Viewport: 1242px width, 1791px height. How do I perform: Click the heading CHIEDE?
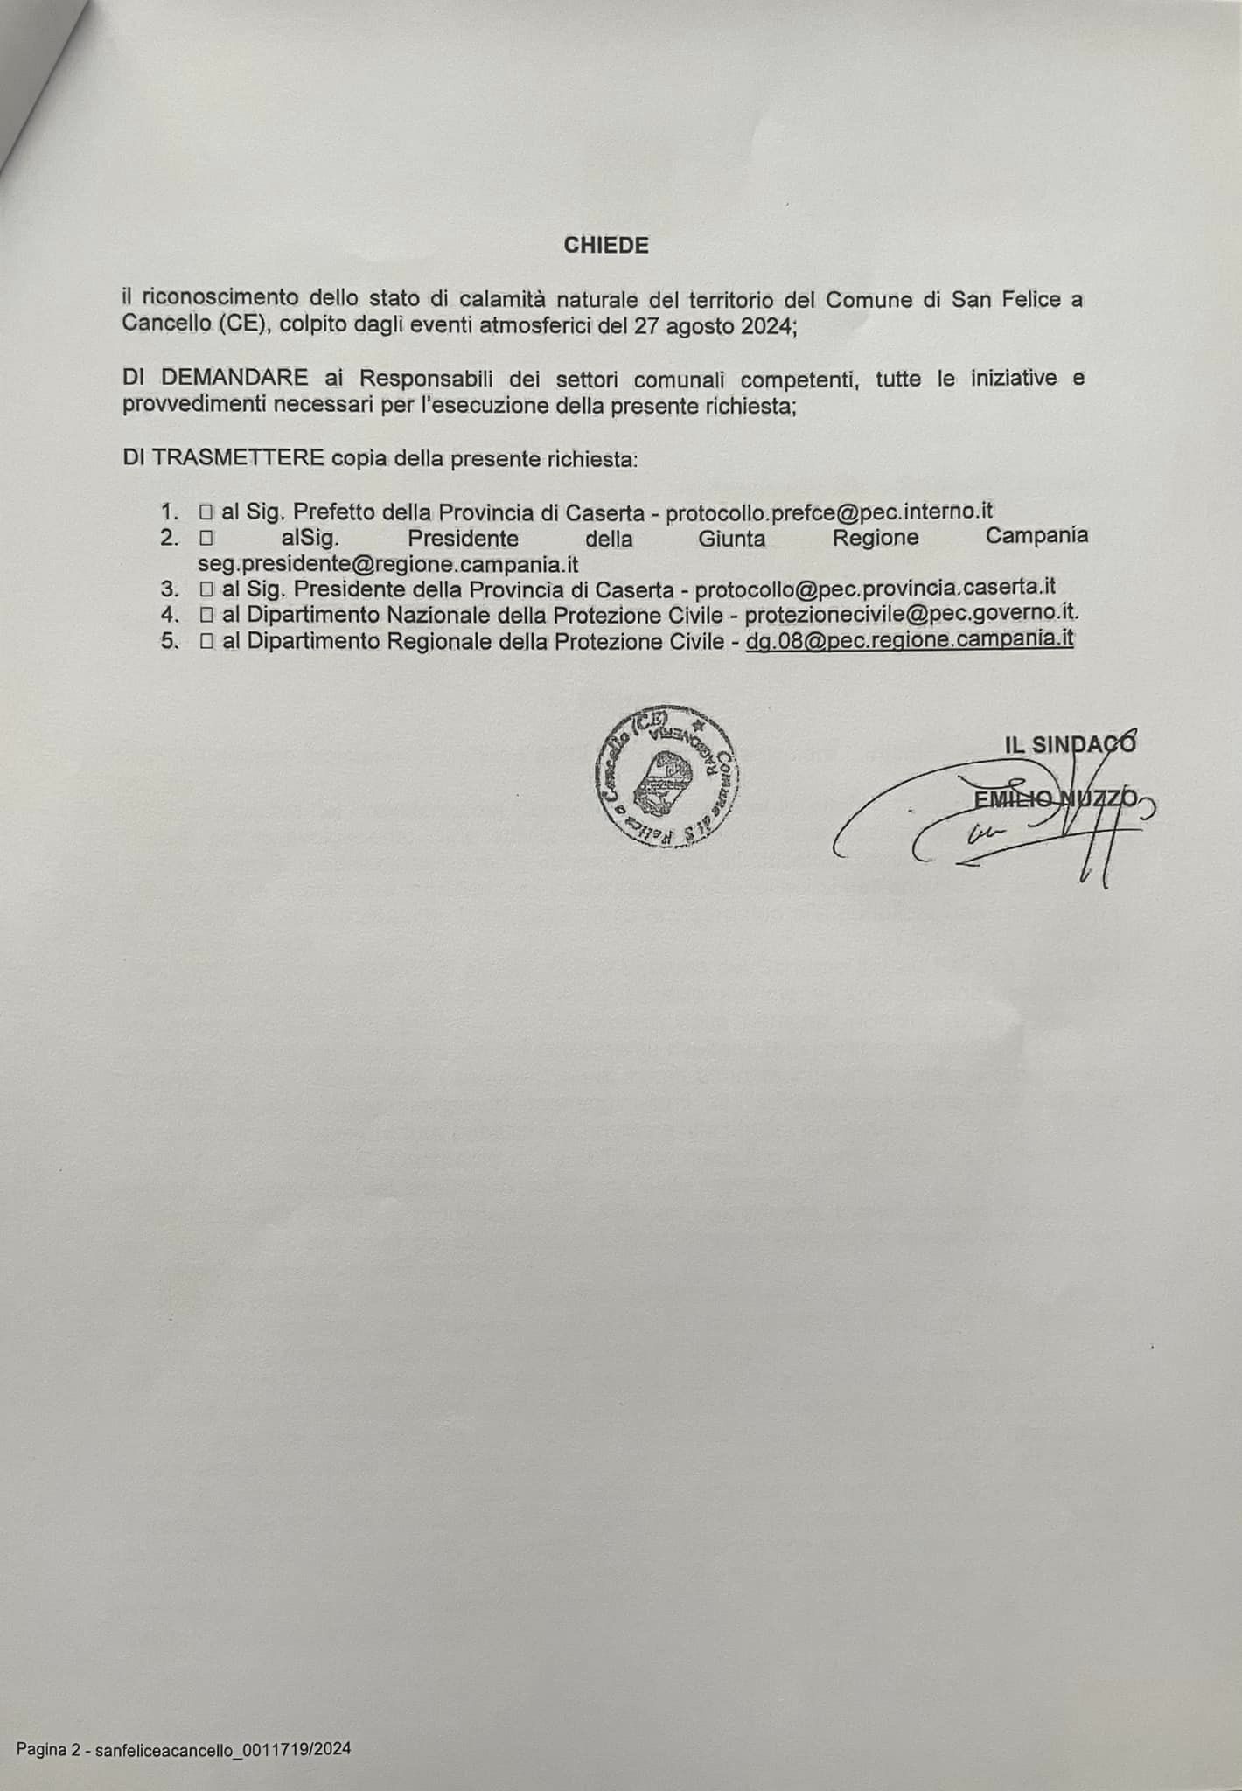[606, 246]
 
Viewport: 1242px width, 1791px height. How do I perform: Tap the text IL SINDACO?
[1070, 744]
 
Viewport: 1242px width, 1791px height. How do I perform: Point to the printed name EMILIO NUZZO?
[1055, 798]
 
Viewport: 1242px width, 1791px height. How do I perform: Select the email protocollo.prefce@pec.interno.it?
[829, 512]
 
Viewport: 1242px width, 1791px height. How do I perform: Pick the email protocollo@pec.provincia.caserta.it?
[876, 589]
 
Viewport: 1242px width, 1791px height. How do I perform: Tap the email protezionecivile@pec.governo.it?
[911, 615]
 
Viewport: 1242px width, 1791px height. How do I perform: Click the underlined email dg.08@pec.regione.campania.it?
[910, 640]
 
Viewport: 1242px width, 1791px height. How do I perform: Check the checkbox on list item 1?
[206, 512]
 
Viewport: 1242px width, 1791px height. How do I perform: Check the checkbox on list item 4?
[206, 616]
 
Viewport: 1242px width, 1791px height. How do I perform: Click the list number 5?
[169, 641]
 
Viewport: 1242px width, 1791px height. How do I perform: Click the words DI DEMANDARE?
[215, 379]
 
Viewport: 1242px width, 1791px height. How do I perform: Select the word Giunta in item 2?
[731, 539]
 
